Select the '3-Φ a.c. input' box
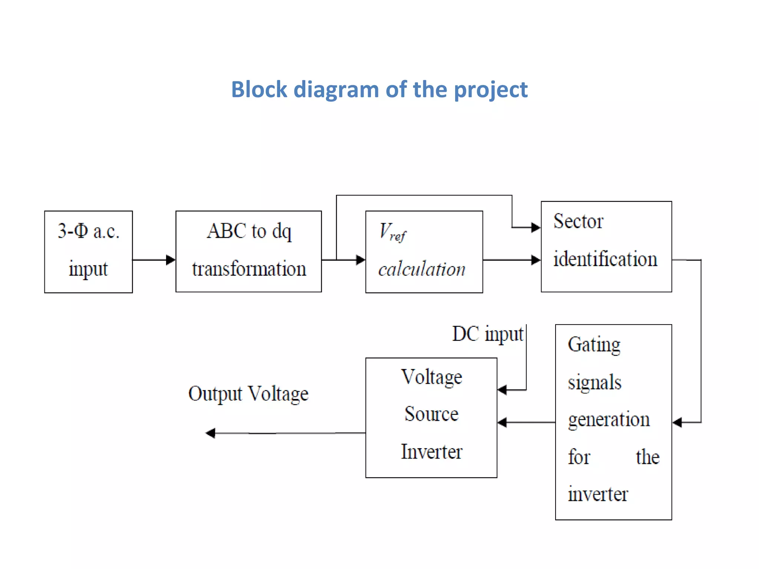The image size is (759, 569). pyautogui.click(x=88, y=252)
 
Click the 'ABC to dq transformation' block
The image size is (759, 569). pyautogui.click(x=248, y=252)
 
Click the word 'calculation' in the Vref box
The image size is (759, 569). pyautogui.click(x=421, y=269)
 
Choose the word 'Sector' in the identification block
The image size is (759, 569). pyautogui.click(x=578, y=222)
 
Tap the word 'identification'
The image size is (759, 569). pyautogui.click(x=605, y=259)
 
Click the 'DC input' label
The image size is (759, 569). pyautogui.click(x=487, y=334)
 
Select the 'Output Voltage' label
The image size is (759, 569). pyautogui.click(x=248, y=394)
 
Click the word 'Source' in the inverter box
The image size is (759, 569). pyautogui.click(x=431, y=414)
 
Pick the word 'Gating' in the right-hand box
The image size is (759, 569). pyautogui.click(x=594, y=345)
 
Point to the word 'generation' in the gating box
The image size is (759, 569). pyautogui.click(x=609, y=420)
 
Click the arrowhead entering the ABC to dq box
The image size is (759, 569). pyautogui.click(x=170, y=260)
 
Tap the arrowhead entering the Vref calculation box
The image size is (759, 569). pyautogui.click(x=360, y=260)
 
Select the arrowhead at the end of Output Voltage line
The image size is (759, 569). pyautogui.click(x=211, y=433)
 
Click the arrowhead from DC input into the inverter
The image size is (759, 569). pyautogui.click(x=502, y=390)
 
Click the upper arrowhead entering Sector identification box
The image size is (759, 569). pyautogui.click(x=536, y=227)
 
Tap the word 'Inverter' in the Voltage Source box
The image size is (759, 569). pyautogui.click(x=431, y=452)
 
